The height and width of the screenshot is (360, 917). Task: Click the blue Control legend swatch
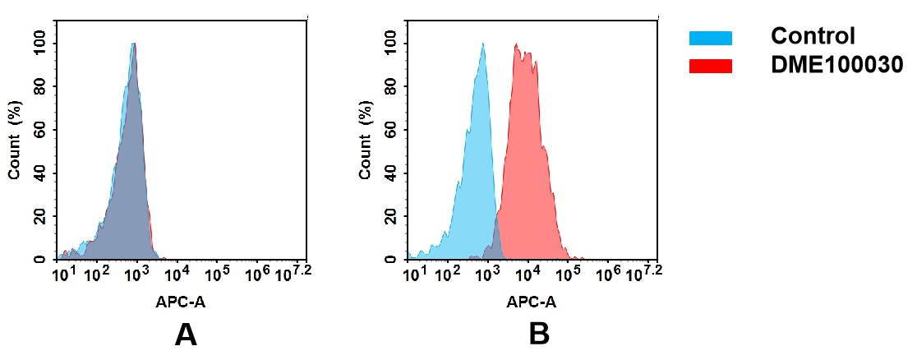point(710,38)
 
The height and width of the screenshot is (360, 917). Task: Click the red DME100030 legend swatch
point(710,66)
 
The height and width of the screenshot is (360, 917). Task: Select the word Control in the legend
point(813,36)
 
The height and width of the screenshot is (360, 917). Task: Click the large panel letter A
point(187,335)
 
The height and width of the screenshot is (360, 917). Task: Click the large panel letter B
point(538,335)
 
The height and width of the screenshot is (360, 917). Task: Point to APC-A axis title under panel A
point(181,302)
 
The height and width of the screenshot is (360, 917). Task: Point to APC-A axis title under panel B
point(532,302)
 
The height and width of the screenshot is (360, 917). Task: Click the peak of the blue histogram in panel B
point(483,45)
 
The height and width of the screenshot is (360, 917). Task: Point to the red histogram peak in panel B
point(518,45)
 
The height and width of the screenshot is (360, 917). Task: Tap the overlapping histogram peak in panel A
point(133,44)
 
